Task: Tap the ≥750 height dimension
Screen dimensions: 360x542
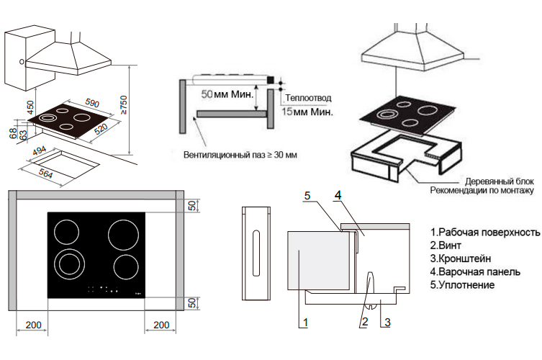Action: point(124,107)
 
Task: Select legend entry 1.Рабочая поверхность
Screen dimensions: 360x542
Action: point(484,233)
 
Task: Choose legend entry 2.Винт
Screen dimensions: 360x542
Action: point(448,246)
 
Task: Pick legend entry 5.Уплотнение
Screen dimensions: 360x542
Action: point(464,285)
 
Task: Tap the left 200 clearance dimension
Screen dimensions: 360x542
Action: point(33,325)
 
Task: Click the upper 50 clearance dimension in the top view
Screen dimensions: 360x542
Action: point(192,206)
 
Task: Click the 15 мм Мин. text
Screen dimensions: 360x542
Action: point(307,112)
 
